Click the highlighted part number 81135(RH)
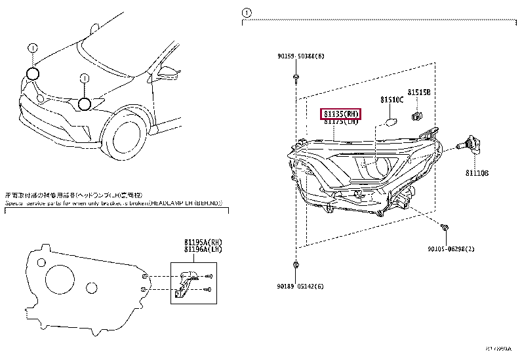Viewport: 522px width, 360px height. (342, 113)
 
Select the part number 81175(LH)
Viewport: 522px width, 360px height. (342, 122)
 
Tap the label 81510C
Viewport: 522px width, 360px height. (391, 100)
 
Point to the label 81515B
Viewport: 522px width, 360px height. (418, 92)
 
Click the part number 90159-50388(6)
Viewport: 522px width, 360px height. (300, 56)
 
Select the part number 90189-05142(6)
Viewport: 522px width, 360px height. (300, 286)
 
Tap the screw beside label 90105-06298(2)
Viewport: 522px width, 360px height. (445, 228)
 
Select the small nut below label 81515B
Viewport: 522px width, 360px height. (415, 117)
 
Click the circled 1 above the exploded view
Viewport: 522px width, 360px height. (246, 12)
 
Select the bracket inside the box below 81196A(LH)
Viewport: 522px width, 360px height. (187, 281)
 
